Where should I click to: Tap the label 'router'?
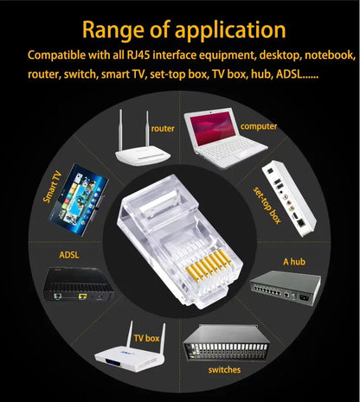click(163, 128)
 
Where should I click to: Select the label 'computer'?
click(259, 126)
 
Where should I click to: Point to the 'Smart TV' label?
click(54, 186)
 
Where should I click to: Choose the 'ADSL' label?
click(69, 255)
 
